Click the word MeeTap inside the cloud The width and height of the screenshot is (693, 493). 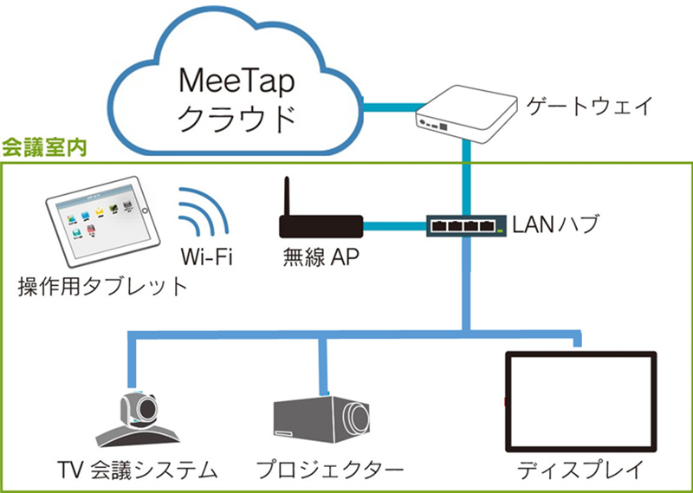(236, 83)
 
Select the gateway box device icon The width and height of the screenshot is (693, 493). (466, 114)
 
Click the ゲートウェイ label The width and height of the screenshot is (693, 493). (589, 107)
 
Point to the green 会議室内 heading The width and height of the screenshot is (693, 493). (44, 147)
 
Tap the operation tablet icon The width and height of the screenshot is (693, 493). (102, 222)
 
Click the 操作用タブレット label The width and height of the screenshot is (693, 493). (103, 287)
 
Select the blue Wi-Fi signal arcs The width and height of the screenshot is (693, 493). (204, 210)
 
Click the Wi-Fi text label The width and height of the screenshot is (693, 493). (206, 256)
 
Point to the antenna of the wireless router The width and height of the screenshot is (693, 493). (288, 196)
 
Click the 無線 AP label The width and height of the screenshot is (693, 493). (321, 256)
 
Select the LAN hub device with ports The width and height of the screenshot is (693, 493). (466, 225)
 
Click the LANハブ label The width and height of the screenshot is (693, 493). (555, 224)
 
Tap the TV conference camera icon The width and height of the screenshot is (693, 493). (138, 418)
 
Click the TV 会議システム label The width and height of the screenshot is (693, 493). (138, 470)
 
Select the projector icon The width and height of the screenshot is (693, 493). (321, 419)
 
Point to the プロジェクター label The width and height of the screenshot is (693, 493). (330, 470)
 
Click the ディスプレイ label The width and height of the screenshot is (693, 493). (580, 470)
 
